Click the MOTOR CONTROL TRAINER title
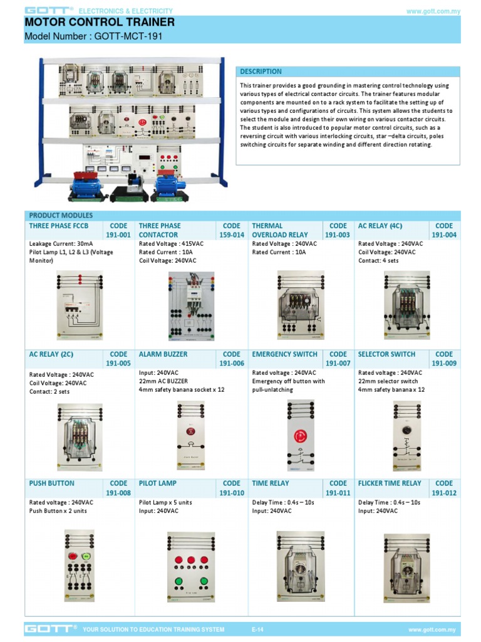100,23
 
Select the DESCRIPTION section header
261,71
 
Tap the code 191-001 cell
118,230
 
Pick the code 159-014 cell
231,230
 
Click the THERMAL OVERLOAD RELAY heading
279,230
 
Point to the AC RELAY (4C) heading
380,226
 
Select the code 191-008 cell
118,488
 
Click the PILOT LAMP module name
158,483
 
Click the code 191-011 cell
338,488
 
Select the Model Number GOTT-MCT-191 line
93,36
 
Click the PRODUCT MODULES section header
61,216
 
